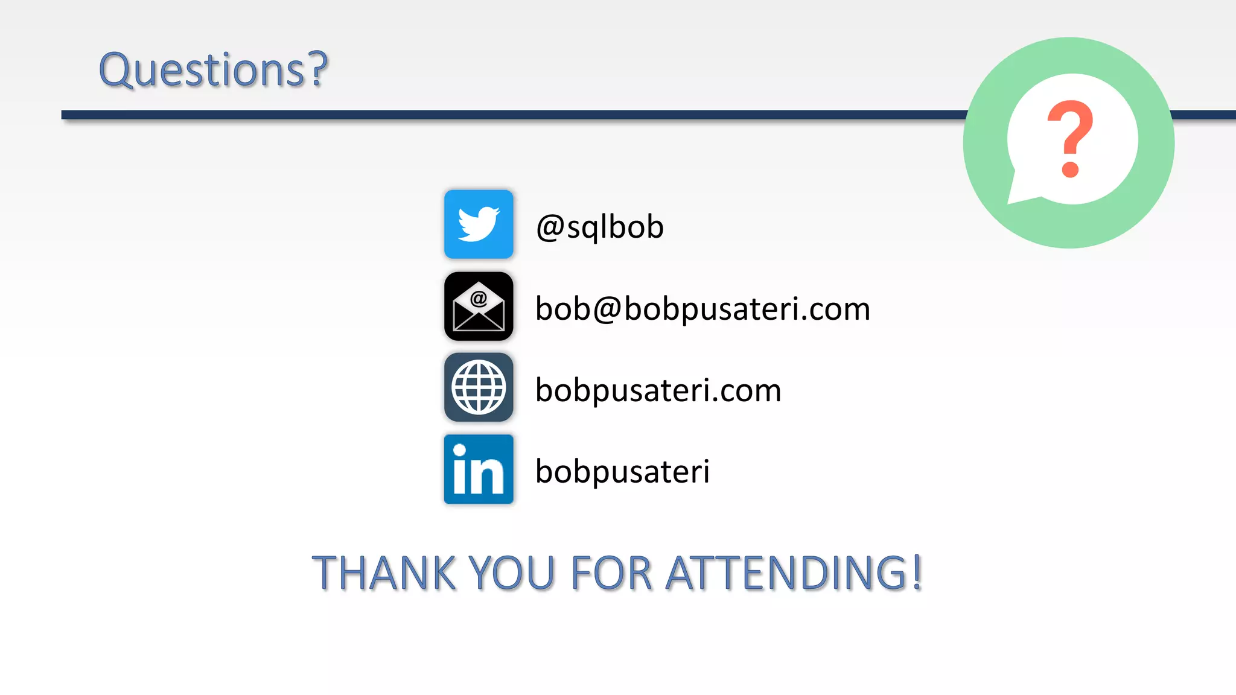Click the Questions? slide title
click(213, 70)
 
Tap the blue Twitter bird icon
click(479, 224)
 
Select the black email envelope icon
click(479, 306)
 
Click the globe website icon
click(479, 388)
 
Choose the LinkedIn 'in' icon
click(479, 469)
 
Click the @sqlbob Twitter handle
click(600, 227)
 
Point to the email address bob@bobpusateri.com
click(702, 309)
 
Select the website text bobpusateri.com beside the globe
click(658, 390)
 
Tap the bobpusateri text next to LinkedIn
click(622, 472)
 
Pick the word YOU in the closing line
click(511, 573)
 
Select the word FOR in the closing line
click(611, 573)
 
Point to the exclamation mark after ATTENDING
click(917, 572)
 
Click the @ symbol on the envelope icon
click(479, 298)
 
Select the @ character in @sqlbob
click(550, 228)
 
